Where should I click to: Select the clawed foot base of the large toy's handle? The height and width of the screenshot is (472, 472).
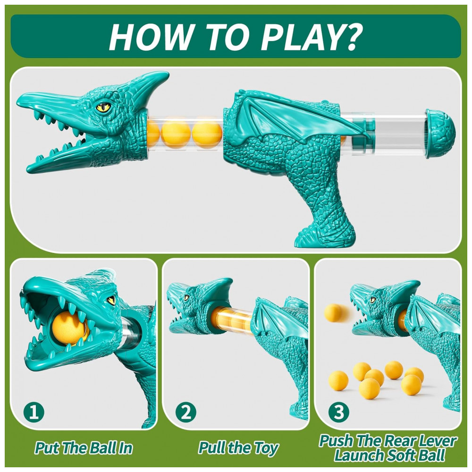325,236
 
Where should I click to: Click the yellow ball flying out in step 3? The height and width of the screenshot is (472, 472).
334,313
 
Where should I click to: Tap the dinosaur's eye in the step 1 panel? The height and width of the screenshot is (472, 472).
111,300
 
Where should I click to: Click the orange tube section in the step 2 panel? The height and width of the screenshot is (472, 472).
232,320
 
